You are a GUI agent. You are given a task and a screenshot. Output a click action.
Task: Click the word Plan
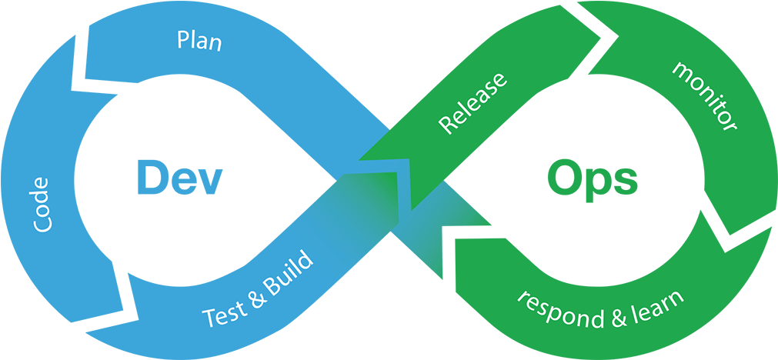pyautogui.click(x=199, y=40)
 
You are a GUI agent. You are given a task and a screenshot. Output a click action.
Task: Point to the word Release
pyautogui.click(x=472, y=103)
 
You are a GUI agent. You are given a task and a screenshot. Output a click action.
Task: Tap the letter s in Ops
pyautogui.click(x=626, y=182)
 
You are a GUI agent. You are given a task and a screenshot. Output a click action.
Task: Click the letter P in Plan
pyautogui.click(x=183, y=38)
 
